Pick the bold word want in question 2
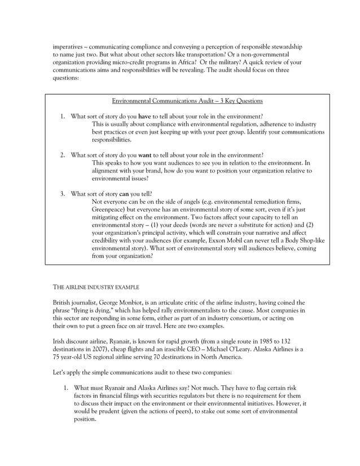pos(144,155)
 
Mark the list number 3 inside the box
pos(63,194)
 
